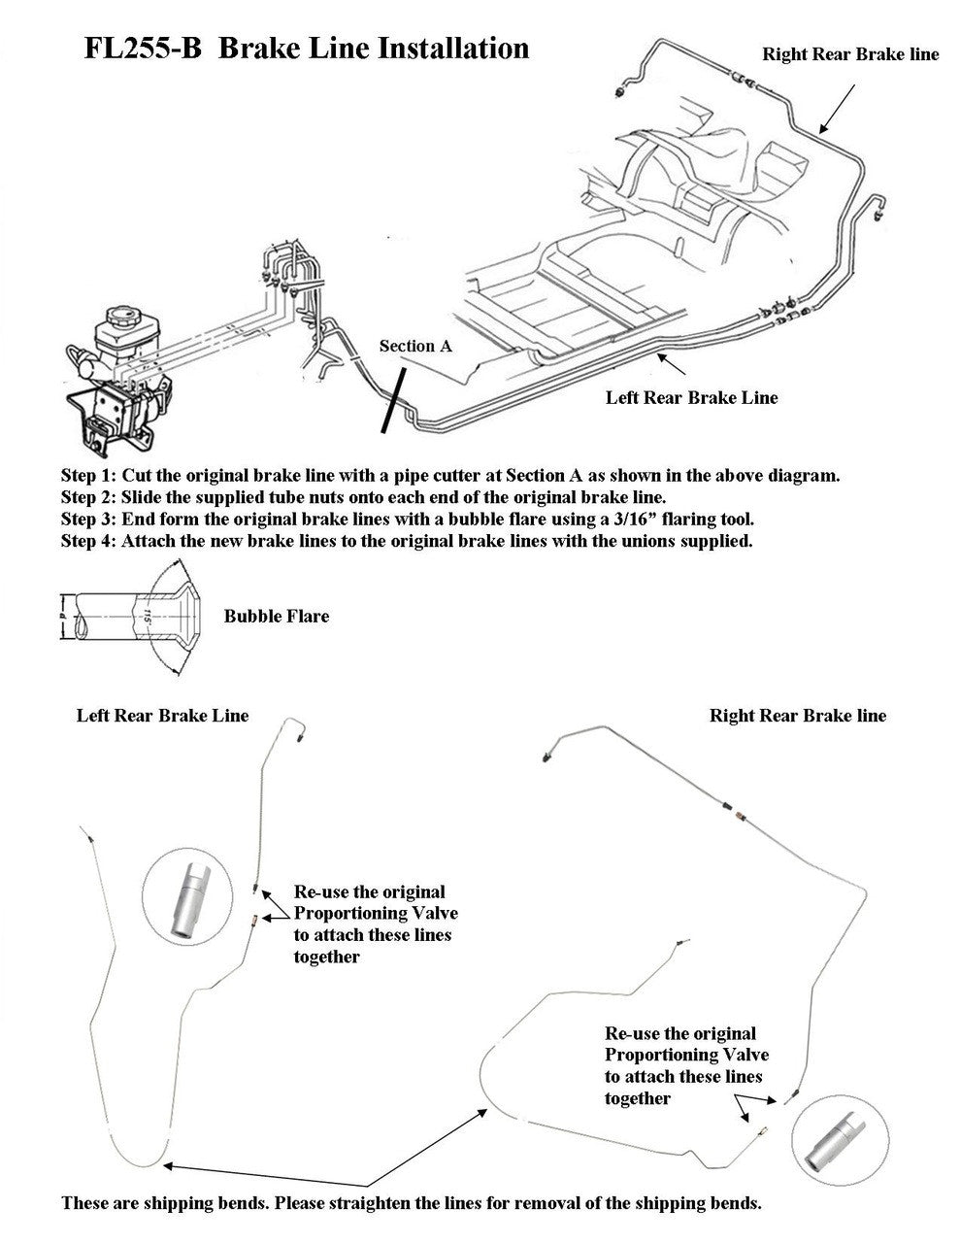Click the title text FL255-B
143,49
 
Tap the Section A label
414,346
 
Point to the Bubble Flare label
277,616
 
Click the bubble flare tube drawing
131,617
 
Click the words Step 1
88,476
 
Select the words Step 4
88,541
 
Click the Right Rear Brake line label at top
850,54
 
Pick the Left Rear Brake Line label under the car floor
691,397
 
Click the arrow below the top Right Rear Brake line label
837,108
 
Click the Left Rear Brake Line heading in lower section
163,716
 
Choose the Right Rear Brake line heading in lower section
798,716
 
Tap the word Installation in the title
446,49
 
